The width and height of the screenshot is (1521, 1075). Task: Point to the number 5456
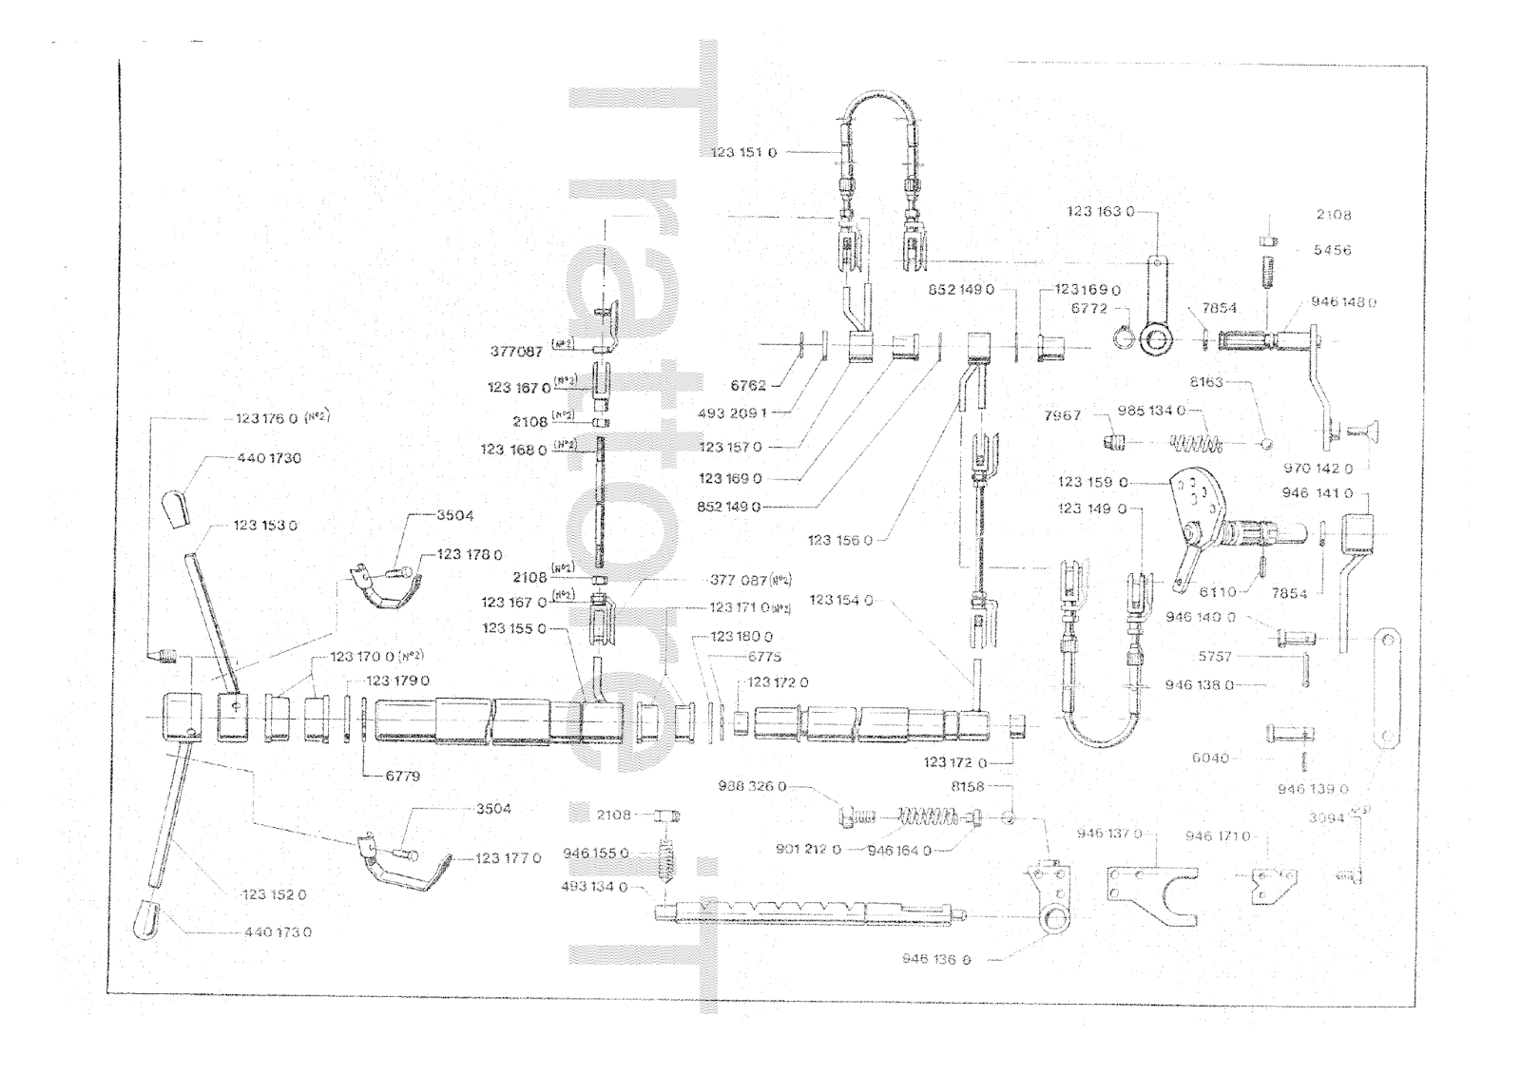tap(1332, 251)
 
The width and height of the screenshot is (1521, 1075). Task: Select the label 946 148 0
tap(1343, 302)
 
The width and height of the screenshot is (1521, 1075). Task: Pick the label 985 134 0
tap(1151, 411)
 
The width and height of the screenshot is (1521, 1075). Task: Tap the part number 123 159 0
tap(1092, 482)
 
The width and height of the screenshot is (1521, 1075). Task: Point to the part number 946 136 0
tap(936, 960)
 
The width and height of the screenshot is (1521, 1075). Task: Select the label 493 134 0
tap(595, 887)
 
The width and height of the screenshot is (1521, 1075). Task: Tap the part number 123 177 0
tap(508, 858)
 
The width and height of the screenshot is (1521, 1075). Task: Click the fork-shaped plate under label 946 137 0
tap(1151, 894)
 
